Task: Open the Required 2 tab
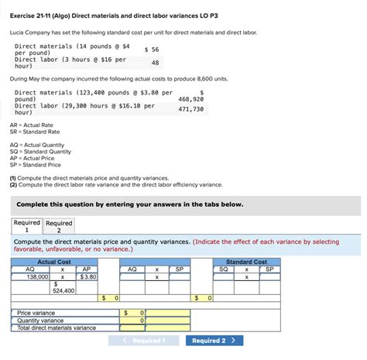pyautogui.click(x=59, y=226)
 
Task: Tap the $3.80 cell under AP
pyautogui.click(x=87, y=276)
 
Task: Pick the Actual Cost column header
pyautogui.click(x=55, y=262)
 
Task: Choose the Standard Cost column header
pyautogui.click(x=246, y=262)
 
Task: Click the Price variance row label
pyautogui.click(x=36, y=313)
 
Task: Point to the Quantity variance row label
pyautogui.click(x=40, y=321)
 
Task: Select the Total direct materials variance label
pyautogui.click(x=57, y=328)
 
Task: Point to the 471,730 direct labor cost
pyautogui.click(x=190, y=109)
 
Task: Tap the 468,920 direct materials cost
pyautogui.click(x=190, y=99)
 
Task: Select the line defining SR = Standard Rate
pyautogui.click(x=35, y=132)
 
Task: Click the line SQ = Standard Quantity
pyautogui.click(x=39, y=151)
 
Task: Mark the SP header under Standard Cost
pyautogui.click(x=269, y=269)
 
